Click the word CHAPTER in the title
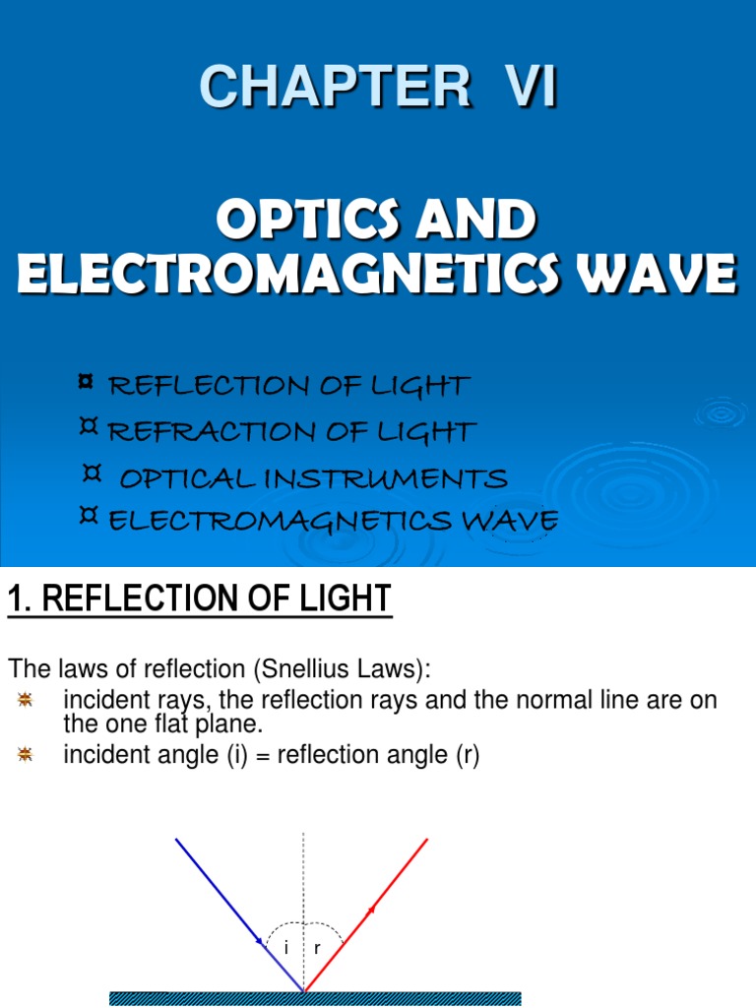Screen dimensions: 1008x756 click(335, 88)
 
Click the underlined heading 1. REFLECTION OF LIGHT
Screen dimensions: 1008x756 click(200, 598)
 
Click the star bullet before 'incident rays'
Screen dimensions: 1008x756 click(26, 699)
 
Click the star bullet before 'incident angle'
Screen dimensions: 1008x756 click(26, 755)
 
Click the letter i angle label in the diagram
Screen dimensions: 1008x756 click(285, 948)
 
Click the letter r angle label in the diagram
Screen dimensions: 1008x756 click(318, 948)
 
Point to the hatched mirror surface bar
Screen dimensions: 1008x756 click(315, 998)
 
